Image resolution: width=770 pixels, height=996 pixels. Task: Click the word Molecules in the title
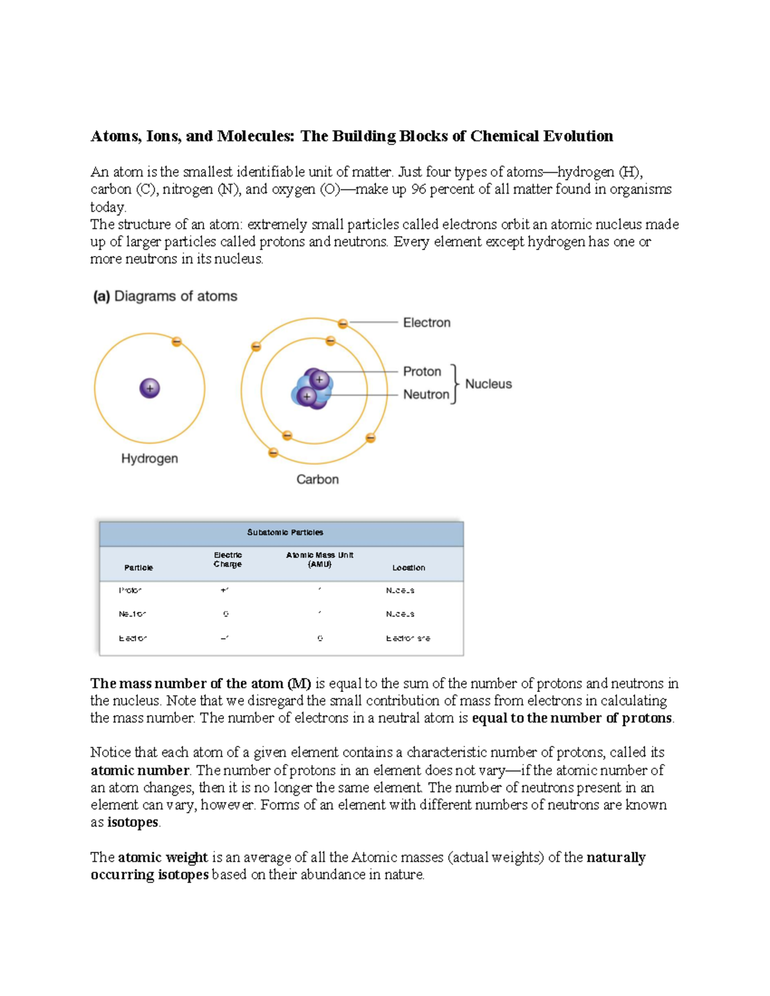click(x=255, y=136)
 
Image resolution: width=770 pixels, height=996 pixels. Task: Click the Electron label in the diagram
click(x=426, y=323)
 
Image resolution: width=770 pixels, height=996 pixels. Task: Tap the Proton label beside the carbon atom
click(x=422, y=371)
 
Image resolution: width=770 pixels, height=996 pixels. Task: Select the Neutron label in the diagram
click(x=425, y=394)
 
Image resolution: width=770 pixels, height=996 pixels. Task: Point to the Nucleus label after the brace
click(x=488, y=384)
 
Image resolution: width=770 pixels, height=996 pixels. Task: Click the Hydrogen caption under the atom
click(x=150, y=459)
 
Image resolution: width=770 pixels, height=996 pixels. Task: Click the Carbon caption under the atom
click(x=317, y=479)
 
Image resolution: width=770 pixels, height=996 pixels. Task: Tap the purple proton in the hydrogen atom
click(x=150, y=388)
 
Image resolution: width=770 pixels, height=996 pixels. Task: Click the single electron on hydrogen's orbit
click(x=176, y=342)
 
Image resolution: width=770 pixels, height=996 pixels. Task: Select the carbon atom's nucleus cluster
click(x=312, y=389)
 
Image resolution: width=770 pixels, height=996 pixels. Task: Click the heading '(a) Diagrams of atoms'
click(x=165, y=296)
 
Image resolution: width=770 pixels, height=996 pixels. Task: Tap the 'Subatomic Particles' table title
click(x=285, y=532)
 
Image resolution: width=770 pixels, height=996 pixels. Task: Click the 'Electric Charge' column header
click(x=228, y=559)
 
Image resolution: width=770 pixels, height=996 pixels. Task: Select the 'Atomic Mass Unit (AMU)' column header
click(x=320, y=559)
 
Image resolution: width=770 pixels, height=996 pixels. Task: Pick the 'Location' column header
click(x=408, y=568)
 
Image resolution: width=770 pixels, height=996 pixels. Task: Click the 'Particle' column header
click(x=139, y=568)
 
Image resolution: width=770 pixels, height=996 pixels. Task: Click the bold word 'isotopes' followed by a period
click(x=132, y=822)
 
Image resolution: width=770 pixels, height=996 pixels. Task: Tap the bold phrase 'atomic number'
click(x=139, y=770)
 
